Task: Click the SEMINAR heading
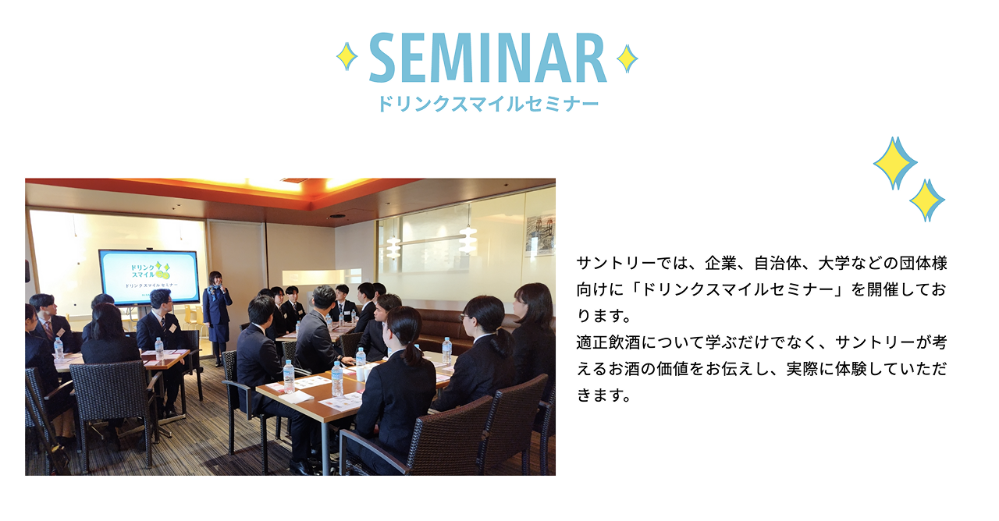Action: [x=488, y=58]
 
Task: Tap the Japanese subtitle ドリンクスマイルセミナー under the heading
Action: [x=489, y=104]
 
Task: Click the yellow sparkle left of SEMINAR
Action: [x=347, y=57]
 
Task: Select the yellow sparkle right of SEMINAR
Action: [x=627, y=58]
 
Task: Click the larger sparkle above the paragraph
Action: [x=894, y=163]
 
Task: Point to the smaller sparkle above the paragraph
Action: [x=927, y=200]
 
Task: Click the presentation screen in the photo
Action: [x=149, y=277]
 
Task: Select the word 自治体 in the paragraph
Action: [x=777, y=263]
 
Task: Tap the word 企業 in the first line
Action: [x=721, y=263]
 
